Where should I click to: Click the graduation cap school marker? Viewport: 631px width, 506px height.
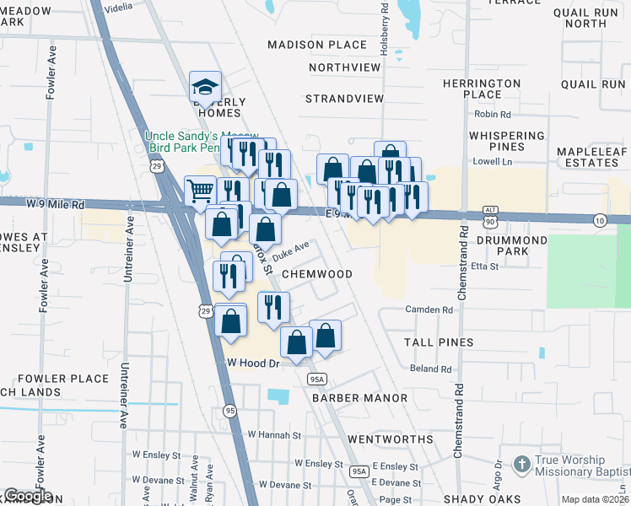click(205, 86)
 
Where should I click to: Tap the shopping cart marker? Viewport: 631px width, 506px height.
click(200, 191)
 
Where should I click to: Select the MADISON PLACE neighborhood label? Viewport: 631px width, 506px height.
click(317, 45)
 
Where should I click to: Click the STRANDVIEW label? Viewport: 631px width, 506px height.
click(344, 99)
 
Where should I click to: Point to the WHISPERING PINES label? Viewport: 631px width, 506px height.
click(507, 141)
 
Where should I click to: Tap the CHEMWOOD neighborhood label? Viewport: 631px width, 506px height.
click(316, 274)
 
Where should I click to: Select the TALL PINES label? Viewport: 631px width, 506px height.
click(438, 342)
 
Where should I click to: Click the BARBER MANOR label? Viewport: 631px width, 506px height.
click(359, 397)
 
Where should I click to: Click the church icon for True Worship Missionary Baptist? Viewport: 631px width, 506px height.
click(522, 464)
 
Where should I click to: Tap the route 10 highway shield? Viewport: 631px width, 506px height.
click(600, 220)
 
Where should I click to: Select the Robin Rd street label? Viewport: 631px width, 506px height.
click(493, 115)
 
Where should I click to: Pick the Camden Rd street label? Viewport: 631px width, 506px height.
click(429, 310)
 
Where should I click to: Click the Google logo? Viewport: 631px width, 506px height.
click(27, 497)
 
